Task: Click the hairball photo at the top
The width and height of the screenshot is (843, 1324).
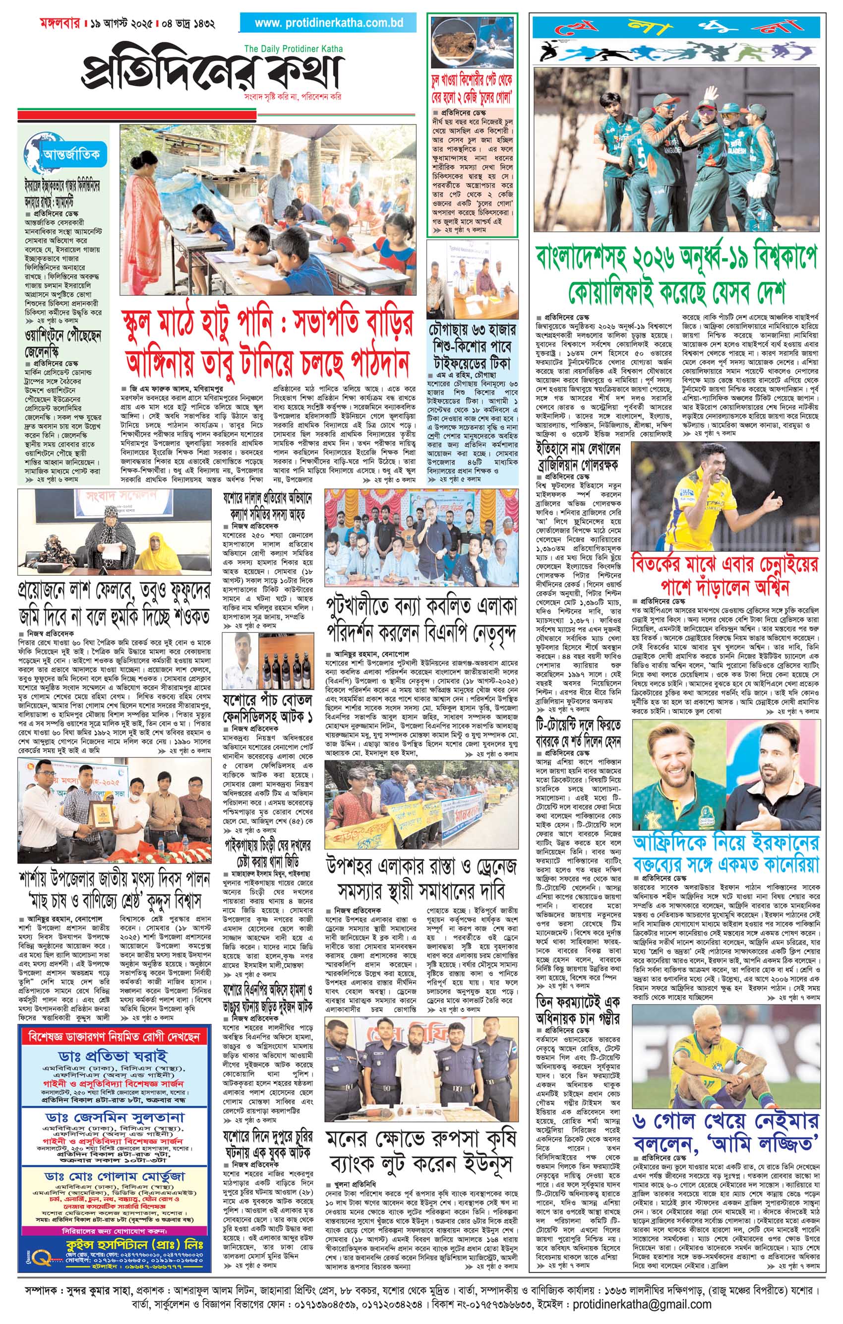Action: [x=473, y=46]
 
